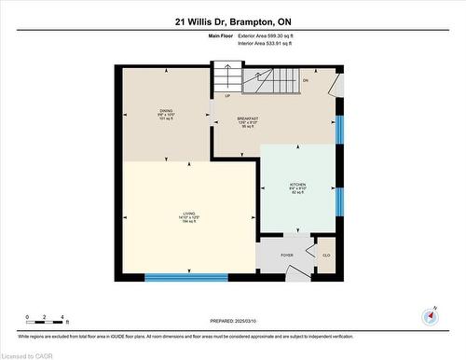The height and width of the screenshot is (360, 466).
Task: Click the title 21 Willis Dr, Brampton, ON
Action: coord(232,21)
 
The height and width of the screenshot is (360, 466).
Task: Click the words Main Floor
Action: coord(220,35)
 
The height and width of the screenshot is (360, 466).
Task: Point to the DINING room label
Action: coord(166,115)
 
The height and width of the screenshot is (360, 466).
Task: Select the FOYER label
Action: coord(287,255)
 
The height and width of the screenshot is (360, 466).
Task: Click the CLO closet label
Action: coord(326,255)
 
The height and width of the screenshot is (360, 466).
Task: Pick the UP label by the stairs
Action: coord(226,95)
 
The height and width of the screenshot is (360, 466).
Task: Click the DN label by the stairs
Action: coord(305,80)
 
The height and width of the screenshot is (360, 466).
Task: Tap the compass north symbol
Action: coord(431,316)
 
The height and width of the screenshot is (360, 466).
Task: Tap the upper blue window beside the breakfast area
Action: coord(340,130)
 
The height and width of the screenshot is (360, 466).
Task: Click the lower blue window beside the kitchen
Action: coord(340,201)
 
